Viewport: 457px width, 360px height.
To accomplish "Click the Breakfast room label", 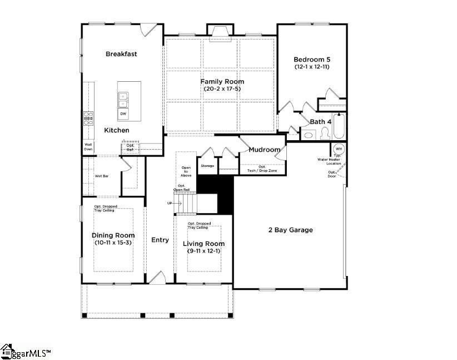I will (121, 54).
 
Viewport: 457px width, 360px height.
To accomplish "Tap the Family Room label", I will (222, 82).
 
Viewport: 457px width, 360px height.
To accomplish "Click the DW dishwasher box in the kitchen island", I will (123, 114).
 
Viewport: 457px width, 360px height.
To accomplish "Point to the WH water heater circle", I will (339, 149).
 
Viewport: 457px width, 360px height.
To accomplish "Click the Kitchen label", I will (117, 130).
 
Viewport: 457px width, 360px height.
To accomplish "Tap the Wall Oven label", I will (88, 147).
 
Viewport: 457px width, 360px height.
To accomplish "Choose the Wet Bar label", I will (101, 176).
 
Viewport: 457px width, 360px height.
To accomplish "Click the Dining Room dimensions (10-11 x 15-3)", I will (113, 243).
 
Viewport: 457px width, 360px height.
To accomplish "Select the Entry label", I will (160, 240).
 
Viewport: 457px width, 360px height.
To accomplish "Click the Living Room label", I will (204, 244).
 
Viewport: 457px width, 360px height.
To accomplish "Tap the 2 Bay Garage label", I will (290, 230).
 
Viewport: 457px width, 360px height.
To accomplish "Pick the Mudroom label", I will (264, 150).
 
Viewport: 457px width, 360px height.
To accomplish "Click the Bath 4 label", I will (321, 122).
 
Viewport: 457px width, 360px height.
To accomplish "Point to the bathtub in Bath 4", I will (339, 127).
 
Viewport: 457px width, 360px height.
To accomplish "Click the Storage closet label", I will (207, 166).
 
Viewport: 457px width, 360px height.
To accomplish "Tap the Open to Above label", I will (186, 171).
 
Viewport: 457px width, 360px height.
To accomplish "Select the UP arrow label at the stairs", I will (170, 203).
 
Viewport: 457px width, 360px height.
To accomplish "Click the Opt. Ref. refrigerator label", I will (130, 147).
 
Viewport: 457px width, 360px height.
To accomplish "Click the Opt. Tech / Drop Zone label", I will (261, 168).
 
